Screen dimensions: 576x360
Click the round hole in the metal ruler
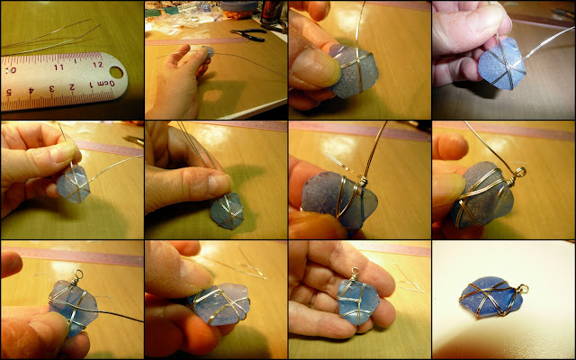[116, 72]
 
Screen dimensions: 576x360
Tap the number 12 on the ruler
[98, 64]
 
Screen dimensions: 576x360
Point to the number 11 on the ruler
[58, 67]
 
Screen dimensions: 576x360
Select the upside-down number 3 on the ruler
[52, 89]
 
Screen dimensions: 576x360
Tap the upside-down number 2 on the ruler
[72, 87]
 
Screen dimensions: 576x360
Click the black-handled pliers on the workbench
[249, 34]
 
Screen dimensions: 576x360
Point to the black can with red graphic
[271, 12]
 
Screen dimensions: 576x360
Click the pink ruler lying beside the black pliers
[197, 41]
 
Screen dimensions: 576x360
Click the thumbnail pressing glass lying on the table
[218, 184]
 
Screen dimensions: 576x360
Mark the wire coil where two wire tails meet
[363, 180]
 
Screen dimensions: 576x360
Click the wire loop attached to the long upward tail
[520, 172]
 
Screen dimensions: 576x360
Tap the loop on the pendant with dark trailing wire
[78, 274]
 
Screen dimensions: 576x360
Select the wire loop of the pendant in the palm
[354, 272]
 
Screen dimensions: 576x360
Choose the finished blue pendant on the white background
[491, 298]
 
